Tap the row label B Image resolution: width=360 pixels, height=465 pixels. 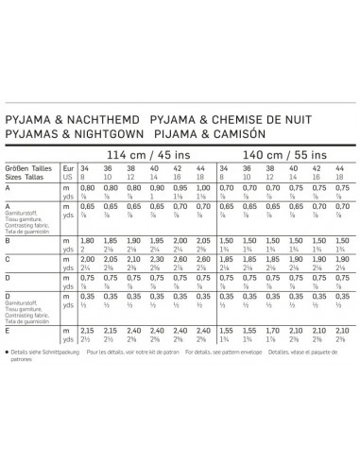pos(9,241)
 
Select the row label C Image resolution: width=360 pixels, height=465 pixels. pos(9,258)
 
